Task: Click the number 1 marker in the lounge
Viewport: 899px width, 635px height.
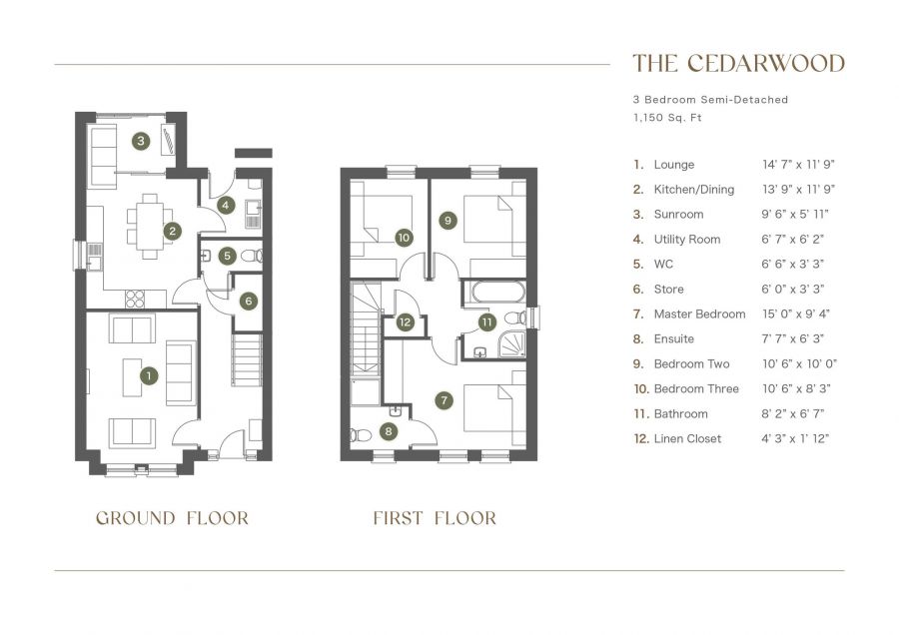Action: click(x=149, y=375)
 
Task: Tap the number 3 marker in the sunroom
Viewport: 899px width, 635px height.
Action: click(x=142, y=141)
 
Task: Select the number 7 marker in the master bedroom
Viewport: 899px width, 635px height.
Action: click(x=445, y=399)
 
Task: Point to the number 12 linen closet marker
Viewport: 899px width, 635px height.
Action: click(x=405, y=322)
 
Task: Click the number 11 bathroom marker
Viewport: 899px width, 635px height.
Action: click(x=486, y=322)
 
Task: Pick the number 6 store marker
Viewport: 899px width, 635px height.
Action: click(x=248, y=300)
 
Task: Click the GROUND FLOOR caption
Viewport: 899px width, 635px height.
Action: click(x=172, y=518)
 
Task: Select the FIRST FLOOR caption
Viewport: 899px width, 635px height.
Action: click(x=435, y=518)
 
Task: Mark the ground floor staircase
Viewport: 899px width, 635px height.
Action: click(x=247, y=360)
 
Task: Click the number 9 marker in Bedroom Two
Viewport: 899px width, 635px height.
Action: click(x=448, y=220)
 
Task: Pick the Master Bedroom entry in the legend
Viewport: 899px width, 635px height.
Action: click(x=699, y=315)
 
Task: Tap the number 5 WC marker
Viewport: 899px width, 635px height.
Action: click(x=227, y=256)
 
